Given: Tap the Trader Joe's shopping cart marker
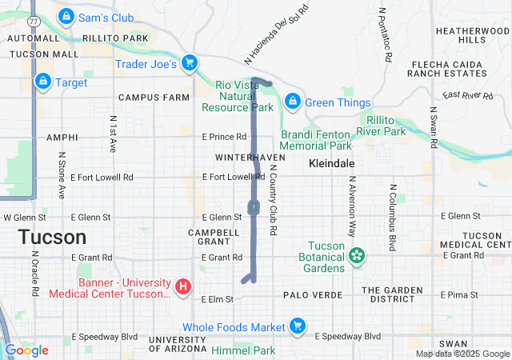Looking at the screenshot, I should point(189,62).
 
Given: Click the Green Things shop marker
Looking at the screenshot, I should point(293,102).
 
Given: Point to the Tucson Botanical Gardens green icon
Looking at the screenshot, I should point(356,256).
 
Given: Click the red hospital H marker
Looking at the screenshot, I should point(183,286).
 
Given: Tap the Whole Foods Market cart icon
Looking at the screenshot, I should point(298,326).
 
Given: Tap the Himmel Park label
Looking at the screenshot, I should point(243,350).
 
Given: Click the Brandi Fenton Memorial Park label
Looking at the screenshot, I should point(316,141).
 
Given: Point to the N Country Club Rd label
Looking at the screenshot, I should point(273,199).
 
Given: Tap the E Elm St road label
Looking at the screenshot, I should point(217,298).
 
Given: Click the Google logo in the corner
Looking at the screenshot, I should point(26,350).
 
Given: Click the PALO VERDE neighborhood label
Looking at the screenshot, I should point(313,295).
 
